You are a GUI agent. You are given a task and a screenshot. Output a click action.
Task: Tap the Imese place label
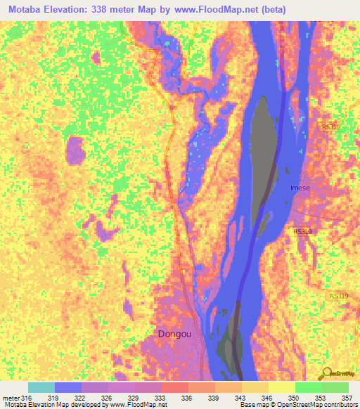point(301,188)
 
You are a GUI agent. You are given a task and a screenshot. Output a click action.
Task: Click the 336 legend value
point(187,398)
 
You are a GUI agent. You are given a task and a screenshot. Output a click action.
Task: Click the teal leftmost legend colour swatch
point(41,387)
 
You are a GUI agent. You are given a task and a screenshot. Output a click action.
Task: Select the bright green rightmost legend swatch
point(335,387)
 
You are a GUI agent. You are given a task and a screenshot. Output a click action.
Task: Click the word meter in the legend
point(11,398)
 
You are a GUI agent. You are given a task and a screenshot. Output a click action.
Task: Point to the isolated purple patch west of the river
point(75,150)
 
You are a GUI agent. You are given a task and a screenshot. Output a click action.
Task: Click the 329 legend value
point(134,398)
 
